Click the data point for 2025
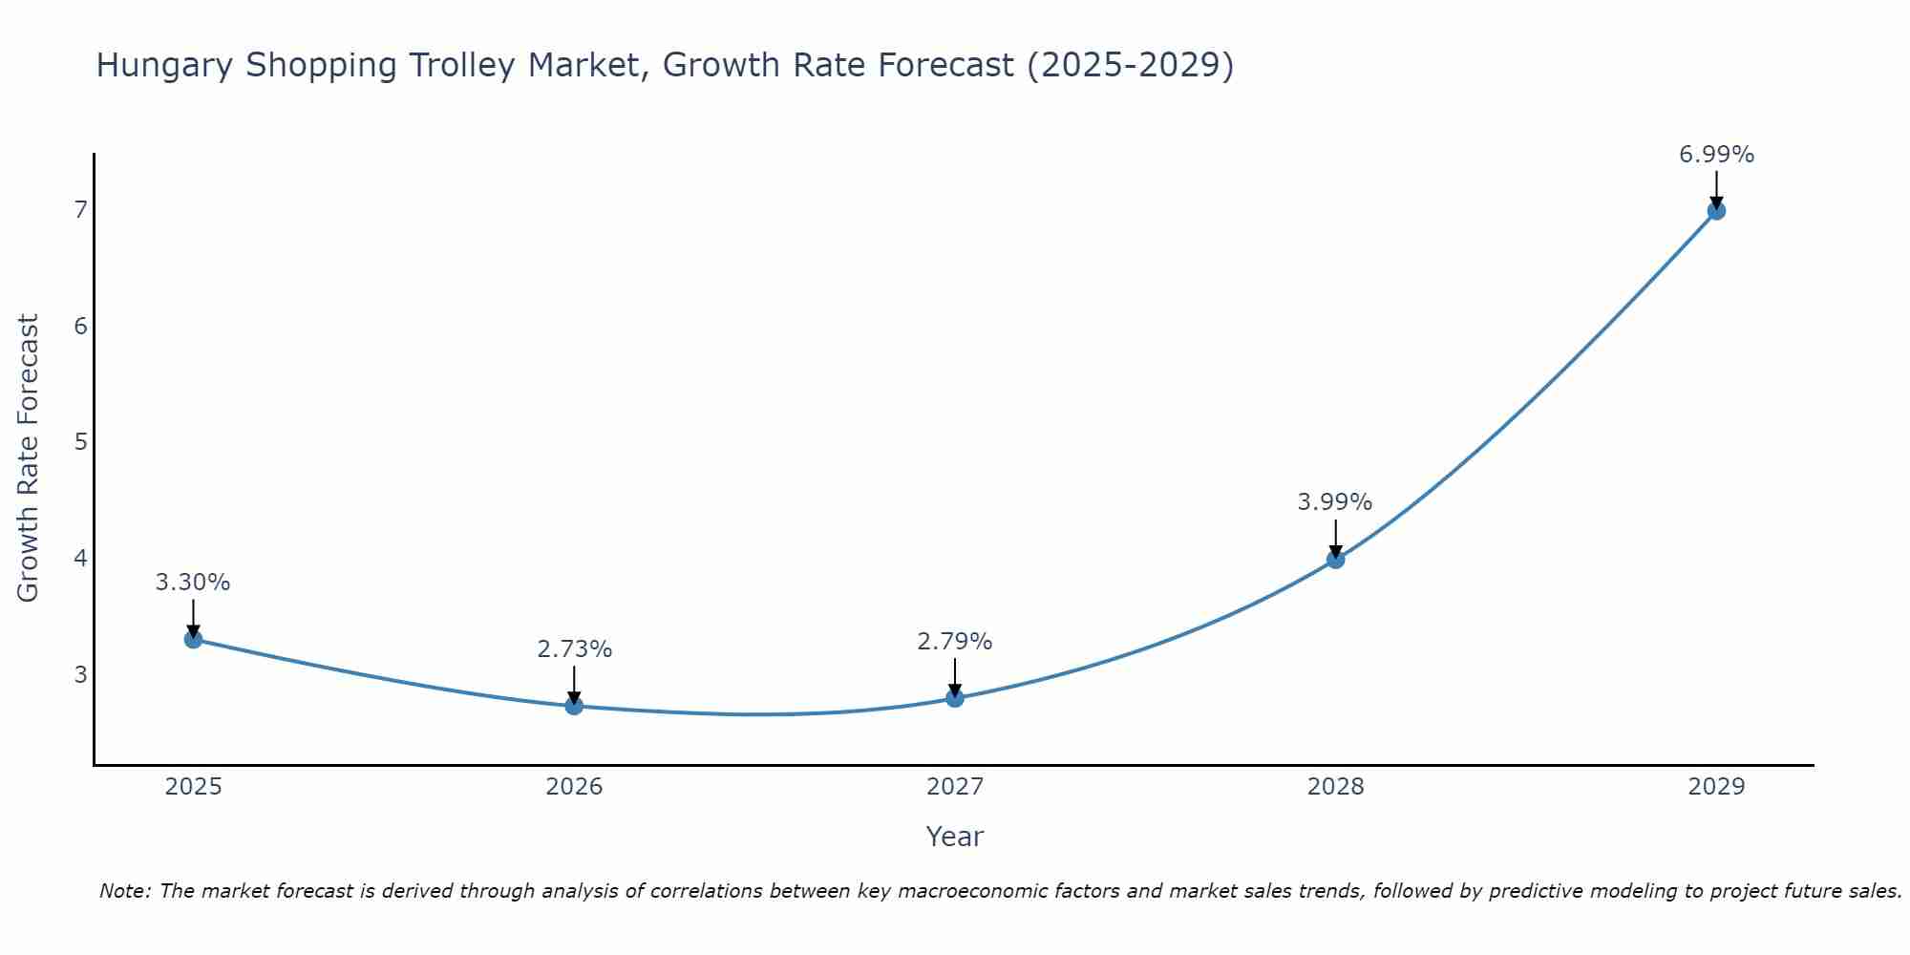click(x=193, y=639)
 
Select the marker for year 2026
click(x=574, y=706)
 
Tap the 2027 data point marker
click(x=955, y=698)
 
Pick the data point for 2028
click(x=1335, y=559)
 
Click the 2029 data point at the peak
click(x=1716, y=210)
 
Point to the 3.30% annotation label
click(x=193, y=583)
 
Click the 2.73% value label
click(x=574, y=649)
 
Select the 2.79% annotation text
click(x=955, y=642)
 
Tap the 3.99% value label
click(x=1335, y=502)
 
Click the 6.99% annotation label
click(x=1716, y=155)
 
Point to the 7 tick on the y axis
click(x=80, y=209)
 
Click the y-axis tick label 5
click(x=80, y=441)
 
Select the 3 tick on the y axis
click(x=80, y=674)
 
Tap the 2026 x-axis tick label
click(x=574, y=787)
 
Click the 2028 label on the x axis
click(x=1335, y=787)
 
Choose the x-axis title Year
click(x=955, y=837)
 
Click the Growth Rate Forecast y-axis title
click(x=29, y=458)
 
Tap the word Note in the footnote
click(x=124, y=891)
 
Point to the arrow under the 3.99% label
click(x=1335, y=537)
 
